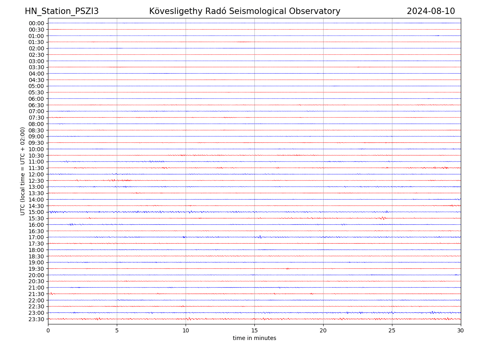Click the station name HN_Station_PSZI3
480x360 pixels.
point(62,11)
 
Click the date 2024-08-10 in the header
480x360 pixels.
point(431,11)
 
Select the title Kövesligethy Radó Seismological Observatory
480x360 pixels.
point(244,11)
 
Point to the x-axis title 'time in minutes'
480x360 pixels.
point(254,338)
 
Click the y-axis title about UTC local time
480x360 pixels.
point(23,171)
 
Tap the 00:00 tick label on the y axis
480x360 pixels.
point(36,23)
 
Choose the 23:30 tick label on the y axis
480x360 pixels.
point(36,319)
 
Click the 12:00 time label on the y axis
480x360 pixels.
point(36,174)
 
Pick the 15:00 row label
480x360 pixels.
point(36,212)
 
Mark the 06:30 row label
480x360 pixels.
point(36,105)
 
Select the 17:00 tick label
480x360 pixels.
point(36,237)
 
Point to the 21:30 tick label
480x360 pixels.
point(36,294)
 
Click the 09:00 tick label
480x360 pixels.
point(36,136)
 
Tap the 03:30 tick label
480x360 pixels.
point(36,67)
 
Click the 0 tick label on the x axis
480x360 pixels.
point(48,330)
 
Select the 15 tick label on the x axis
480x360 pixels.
point(254,330)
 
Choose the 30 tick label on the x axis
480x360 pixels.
point(461,330)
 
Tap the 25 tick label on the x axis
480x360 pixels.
point(392,330)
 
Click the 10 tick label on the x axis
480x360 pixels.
point(186,330)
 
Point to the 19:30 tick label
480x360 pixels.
point(36,269)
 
